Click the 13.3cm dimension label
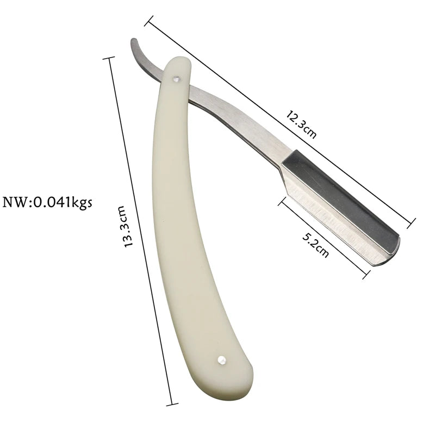126,227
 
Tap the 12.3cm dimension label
302,124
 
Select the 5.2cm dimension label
316,245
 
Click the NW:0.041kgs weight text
47,202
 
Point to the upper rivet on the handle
176,79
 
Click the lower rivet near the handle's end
221,359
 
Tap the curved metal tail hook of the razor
144,60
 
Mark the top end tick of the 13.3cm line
108,58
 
